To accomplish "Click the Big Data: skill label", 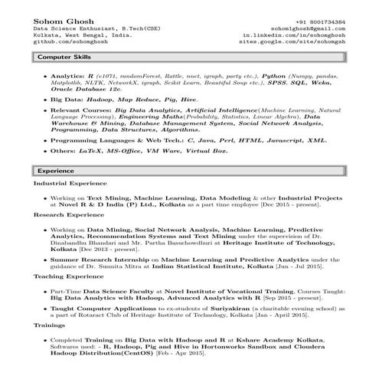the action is click(x=67, y=100).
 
